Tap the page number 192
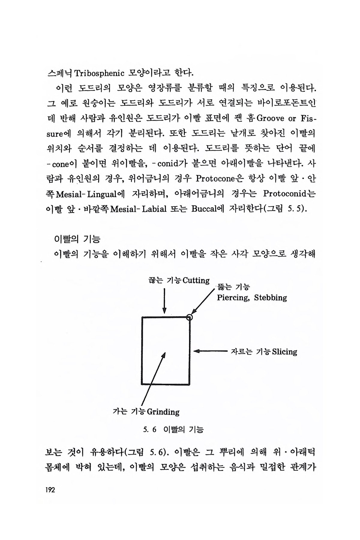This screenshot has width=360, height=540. (50, 490)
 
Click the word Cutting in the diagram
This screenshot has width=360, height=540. (196, 280)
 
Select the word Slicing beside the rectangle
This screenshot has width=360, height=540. (284, 352)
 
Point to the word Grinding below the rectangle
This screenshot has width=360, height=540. (163, 412)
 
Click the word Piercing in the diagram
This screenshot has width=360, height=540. (233, 298)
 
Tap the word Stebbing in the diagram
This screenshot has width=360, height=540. (270, 298)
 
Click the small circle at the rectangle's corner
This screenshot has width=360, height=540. (189, 317)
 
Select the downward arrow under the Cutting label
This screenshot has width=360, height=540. (164, 301)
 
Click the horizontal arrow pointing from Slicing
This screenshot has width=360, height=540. (210, 351)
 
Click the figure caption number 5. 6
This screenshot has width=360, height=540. (150, 430)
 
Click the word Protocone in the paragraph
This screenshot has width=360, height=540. (215, 179)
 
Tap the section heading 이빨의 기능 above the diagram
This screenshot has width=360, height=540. (76, 239)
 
